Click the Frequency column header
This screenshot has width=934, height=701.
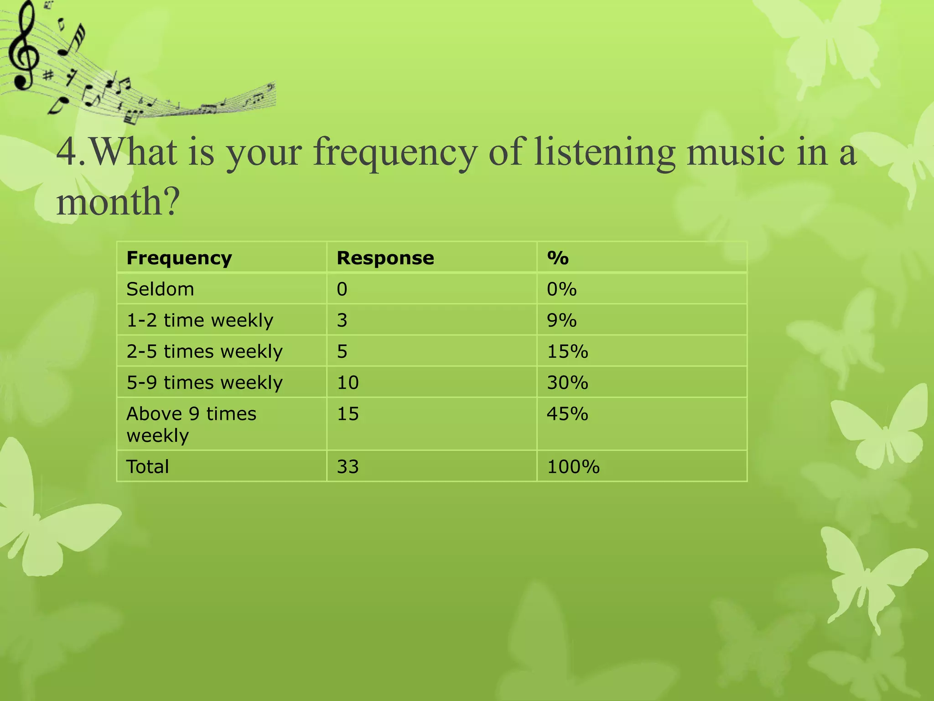click(x=179, y=258)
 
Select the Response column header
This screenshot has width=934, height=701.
click(x=385, y=258)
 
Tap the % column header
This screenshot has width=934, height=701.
click(x=558, y=258)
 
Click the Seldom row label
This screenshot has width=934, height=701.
click(x=160, y=289)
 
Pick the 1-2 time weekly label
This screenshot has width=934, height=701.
click(x=200, y=320)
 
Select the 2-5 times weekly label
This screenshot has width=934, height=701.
click(x=204, y=351)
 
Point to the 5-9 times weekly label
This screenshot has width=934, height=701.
click(x=204, y=382)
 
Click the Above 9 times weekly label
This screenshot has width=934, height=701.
click(x=191, y=424)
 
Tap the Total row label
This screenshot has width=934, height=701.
click(x=148, y=466)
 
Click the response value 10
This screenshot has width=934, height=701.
click(x=348, y=382)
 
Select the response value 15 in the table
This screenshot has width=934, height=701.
click(x=348, y=414)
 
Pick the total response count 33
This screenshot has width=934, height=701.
click(x=348, y=466)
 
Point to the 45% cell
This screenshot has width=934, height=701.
click(x=568, y=414)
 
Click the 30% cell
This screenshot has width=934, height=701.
click(x=568, y=382)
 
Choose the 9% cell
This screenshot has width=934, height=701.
click(x=562, y=320)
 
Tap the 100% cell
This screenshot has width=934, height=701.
click(x=573, y=466)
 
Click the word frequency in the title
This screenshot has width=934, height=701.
click(x=395, y=153)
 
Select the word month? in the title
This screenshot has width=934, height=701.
click(x=118, y=202)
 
